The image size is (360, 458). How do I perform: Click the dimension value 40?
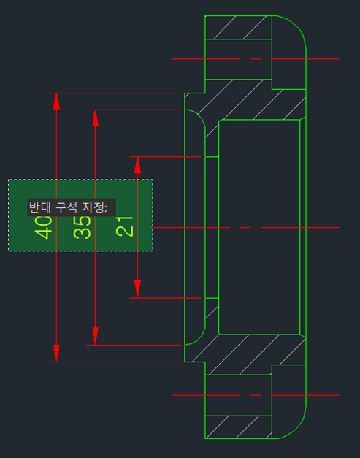click(43, 228)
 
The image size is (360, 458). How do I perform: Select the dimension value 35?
click(82, 228)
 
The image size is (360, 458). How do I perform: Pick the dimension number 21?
click(125, 226)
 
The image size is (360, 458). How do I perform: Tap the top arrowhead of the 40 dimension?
click(56, 101)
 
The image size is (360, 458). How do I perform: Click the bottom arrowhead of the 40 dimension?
click(56, 354)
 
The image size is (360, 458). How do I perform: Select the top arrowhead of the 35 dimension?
click(95, 118)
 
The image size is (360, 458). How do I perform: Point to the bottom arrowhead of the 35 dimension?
click(95, 337)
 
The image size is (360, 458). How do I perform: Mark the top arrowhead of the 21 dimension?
click(137, 165)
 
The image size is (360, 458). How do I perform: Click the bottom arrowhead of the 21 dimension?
click(137, 289)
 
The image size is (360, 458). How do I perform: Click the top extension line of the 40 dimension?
click(115, 93)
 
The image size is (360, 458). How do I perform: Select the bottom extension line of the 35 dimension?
click(134, 345)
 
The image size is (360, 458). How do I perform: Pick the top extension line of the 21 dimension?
click(165, 157)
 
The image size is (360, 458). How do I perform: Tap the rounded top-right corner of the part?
click(298, 27)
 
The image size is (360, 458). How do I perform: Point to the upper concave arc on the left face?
click(200, 116)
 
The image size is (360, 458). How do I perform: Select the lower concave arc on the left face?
click(200, 338)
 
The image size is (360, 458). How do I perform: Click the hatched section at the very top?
click(239, 27)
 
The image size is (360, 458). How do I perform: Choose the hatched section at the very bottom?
click(239, 427)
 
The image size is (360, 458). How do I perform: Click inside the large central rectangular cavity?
click(259, 227)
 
